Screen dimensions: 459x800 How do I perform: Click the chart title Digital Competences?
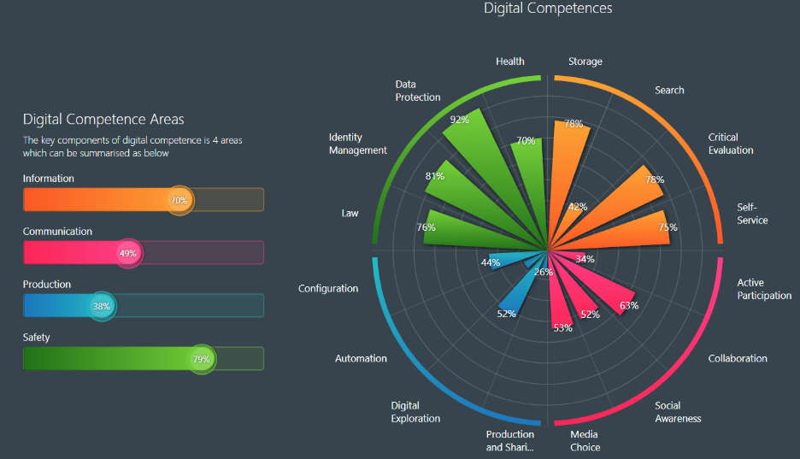548,9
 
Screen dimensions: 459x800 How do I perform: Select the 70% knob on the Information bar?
179,201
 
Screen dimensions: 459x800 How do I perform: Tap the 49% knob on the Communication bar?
127,254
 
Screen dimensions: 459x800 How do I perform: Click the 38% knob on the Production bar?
102,306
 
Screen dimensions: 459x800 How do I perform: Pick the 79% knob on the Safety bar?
202,359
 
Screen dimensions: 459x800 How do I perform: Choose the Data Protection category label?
418,91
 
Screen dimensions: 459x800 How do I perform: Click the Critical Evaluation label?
731,144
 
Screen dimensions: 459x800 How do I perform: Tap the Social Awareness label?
678,412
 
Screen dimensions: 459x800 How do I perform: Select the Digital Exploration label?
415,412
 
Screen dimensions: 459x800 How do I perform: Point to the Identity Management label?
357,144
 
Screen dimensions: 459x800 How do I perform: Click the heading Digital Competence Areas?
103,120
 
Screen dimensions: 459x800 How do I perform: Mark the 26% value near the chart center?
544,273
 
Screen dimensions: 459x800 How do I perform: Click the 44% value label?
491,262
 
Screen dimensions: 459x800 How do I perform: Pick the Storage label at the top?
585,62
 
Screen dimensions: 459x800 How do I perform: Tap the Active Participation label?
764,289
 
